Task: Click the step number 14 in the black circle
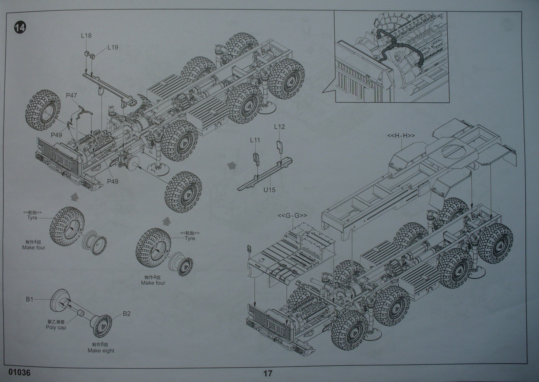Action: (x=20, y=28)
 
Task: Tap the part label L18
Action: (x=86, y=36)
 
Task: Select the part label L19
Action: (x=113, y=47)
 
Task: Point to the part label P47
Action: (x=71, y=95)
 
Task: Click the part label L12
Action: (x=279, y=127)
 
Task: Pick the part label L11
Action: (x=255, y=140)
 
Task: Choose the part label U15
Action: (x=269, y=190)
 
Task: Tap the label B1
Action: (x=29, y=299)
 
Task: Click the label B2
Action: (x=127, y=314)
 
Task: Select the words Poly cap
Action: (x=56, y=327)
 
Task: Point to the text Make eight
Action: (x=101, y=351)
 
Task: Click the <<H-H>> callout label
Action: (x=401, y=136)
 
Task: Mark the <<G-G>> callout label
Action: (x=292, y=215)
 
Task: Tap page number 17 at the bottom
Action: (x=268, y=373)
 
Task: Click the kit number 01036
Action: (x=19, y=372)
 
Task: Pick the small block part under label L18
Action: (x=87, y=53)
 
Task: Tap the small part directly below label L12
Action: (x=279, y=147)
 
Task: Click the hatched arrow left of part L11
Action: (x=231, y=165)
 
